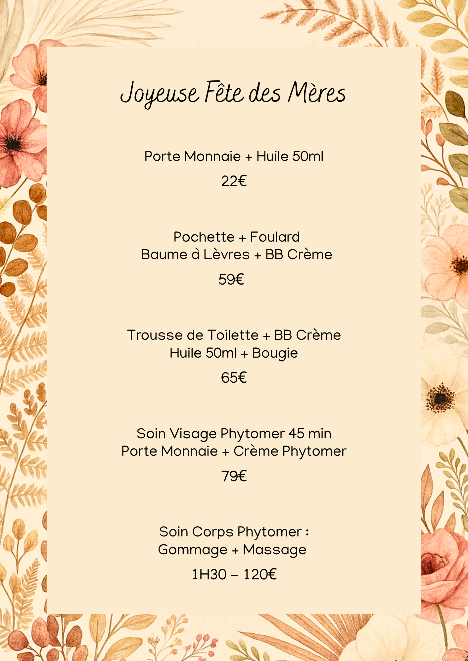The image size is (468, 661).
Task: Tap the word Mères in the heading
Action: (316, 93)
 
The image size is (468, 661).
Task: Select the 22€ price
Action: (234, 181)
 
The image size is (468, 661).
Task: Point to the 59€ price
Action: (231, 280)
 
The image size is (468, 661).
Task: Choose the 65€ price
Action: (234, 377)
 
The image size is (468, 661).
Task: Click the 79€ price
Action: (234, 476)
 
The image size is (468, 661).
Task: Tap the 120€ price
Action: (260, 574)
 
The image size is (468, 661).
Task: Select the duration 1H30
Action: (209, 574)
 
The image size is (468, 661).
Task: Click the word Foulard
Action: (275, 237)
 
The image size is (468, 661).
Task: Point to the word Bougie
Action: (275, 353)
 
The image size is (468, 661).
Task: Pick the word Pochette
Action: (204, 237)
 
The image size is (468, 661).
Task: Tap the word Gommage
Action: (193, 550)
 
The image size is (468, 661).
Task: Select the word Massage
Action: (274, 550)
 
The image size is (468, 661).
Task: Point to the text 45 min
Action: (309, 434)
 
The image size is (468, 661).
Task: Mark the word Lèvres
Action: (226, 254)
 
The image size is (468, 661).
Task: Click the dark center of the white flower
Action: (440, 399)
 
